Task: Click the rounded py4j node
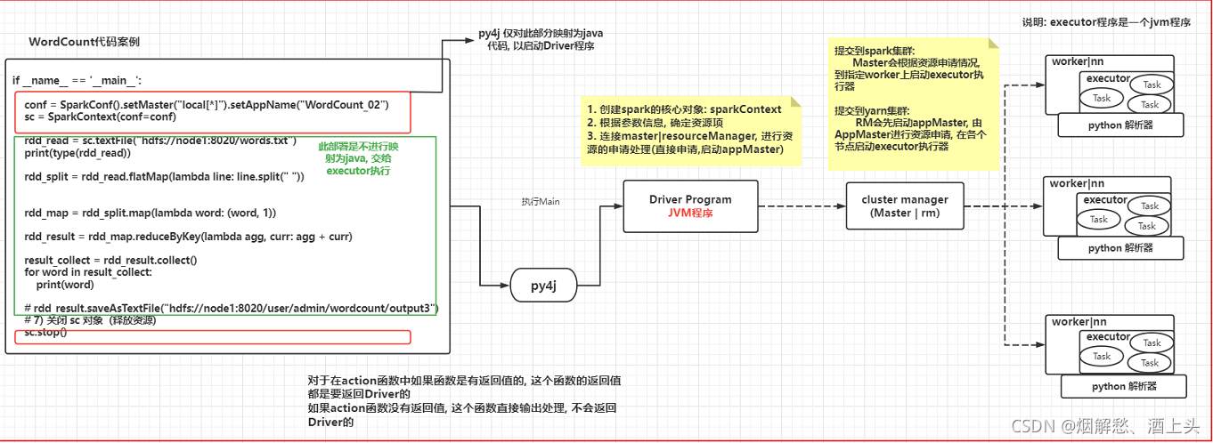pos(543,286)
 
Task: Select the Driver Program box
pos(689,205)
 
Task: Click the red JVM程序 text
pos(689,213)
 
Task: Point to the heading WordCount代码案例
pos(84,42)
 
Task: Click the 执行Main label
pos(541,202)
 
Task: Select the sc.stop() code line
pos(45,332)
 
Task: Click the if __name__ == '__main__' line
pos(77,80)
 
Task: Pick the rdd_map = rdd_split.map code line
pos(150,213)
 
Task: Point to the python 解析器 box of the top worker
pos(1120,125)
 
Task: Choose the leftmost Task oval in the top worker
pos(1102,98)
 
